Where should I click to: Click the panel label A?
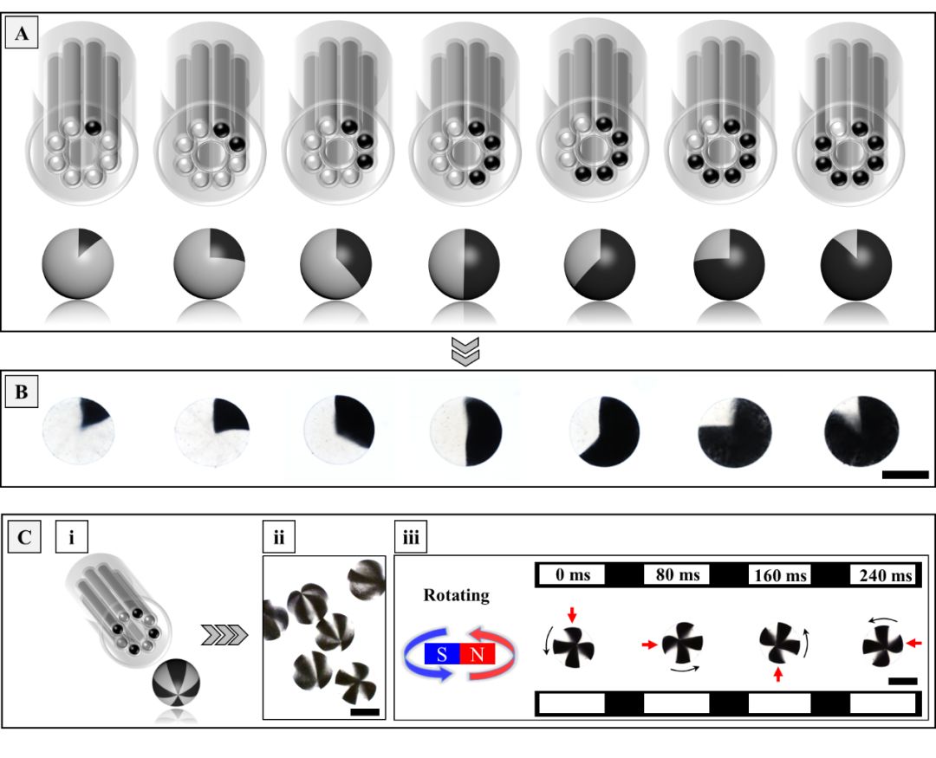(22, 33)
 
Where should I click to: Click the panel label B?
(22, 392)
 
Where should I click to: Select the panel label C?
(24, 537)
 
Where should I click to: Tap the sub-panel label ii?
(279, 537)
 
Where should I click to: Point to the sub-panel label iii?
(411, 537)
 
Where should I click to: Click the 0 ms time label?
(573, 574)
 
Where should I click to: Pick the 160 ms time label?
(780, 575)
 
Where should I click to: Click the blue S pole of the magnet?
(442, 654)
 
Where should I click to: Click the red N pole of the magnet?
(477, 654)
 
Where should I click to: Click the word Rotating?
(457, 595)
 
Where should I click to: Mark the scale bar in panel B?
(905, 475)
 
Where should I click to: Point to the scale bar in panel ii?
(365, 711)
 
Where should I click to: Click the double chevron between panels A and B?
(465, 351)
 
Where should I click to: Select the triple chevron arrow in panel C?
(224, 635)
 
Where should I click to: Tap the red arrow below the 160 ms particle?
(777, 675)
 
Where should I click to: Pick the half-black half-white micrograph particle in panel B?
(465, 431)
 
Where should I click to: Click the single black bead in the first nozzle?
(93, 127)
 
